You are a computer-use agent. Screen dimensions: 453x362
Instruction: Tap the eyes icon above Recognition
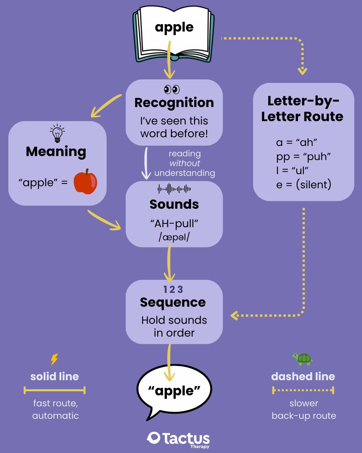(172, 90)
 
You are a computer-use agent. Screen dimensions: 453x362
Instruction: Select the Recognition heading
(174, 103)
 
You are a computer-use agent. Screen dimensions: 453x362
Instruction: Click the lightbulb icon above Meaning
(57, 133)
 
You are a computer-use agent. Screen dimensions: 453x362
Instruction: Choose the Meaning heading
(56, 151)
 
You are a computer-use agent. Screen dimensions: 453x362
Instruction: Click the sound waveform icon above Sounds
(174, 189)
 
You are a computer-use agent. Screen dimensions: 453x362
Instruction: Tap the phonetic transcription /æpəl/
(174, 237)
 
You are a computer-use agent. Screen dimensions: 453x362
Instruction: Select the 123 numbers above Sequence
(173, 289)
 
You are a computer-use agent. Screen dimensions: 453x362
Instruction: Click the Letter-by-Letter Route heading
(302, 108)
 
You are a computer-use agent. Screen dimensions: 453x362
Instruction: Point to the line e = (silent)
(304, 185)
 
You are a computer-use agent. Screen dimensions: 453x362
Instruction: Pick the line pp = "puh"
(303, 156)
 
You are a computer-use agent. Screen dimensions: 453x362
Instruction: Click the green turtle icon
(303, 359)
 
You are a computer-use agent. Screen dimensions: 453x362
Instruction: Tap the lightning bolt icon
(54, 359)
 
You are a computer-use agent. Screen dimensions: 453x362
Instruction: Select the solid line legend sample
(55, 390)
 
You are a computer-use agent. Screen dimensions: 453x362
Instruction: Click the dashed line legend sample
(303, 390)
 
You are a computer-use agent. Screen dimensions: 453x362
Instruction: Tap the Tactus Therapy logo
(178, 439)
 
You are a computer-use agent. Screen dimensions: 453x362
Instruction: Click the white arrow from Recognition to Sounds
(146, 163)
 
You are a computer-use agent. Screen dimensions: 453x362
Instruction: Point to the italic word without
(185, 163)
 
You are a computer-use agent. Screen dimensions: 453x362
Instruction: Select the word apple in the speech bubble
(174, 391)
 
